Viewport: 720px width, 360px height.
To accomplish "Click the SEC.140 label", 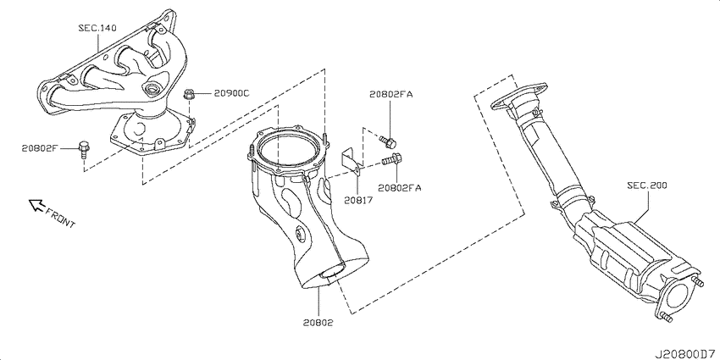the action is [x=97, y=28].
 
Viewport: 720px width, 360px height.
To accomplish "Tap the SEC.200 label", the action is [x=647, y=186].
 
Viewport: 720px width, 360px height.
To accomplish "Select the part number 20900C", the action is [x=231, y=94].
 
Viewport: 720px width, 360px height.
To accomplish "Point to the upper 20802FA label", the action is [x=391, y=95].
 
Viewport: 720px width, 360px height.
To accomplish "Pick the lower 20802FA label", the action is [x=399, y=187].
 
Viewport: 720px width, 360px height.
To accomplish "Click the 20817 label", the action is [x=359, y=200].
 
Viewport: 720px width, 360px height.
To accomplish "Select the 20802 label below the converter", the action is [x=318, y=323].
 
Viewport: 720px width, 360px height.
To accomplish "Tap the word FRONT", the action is [x=61, y=217].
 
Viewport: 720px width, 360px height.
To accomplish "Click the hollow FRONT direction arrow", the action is [x=36, y=205].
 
